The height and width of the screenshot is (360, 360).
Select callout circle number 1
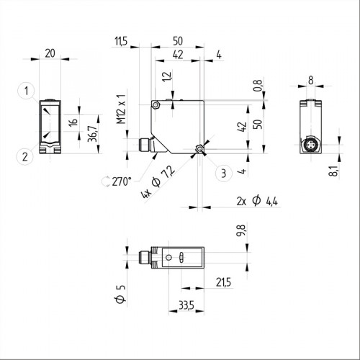[25, 91]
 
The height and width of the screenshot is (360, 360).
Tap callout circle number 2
[25, 154]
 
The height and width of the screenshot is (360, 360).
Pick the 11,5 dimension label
[120, 42]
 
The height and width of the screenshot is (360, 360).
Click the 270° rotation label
[117, 181]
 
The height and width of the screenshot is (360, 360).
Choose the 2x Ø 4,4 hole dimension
[254, 202]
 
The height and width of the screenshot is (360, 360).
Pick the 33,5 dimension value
[186, 305]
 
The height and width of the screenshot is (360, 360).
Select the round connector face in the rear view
[310, 147]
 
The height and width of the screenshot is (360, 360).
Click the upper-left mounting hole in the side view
[156, 106]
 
